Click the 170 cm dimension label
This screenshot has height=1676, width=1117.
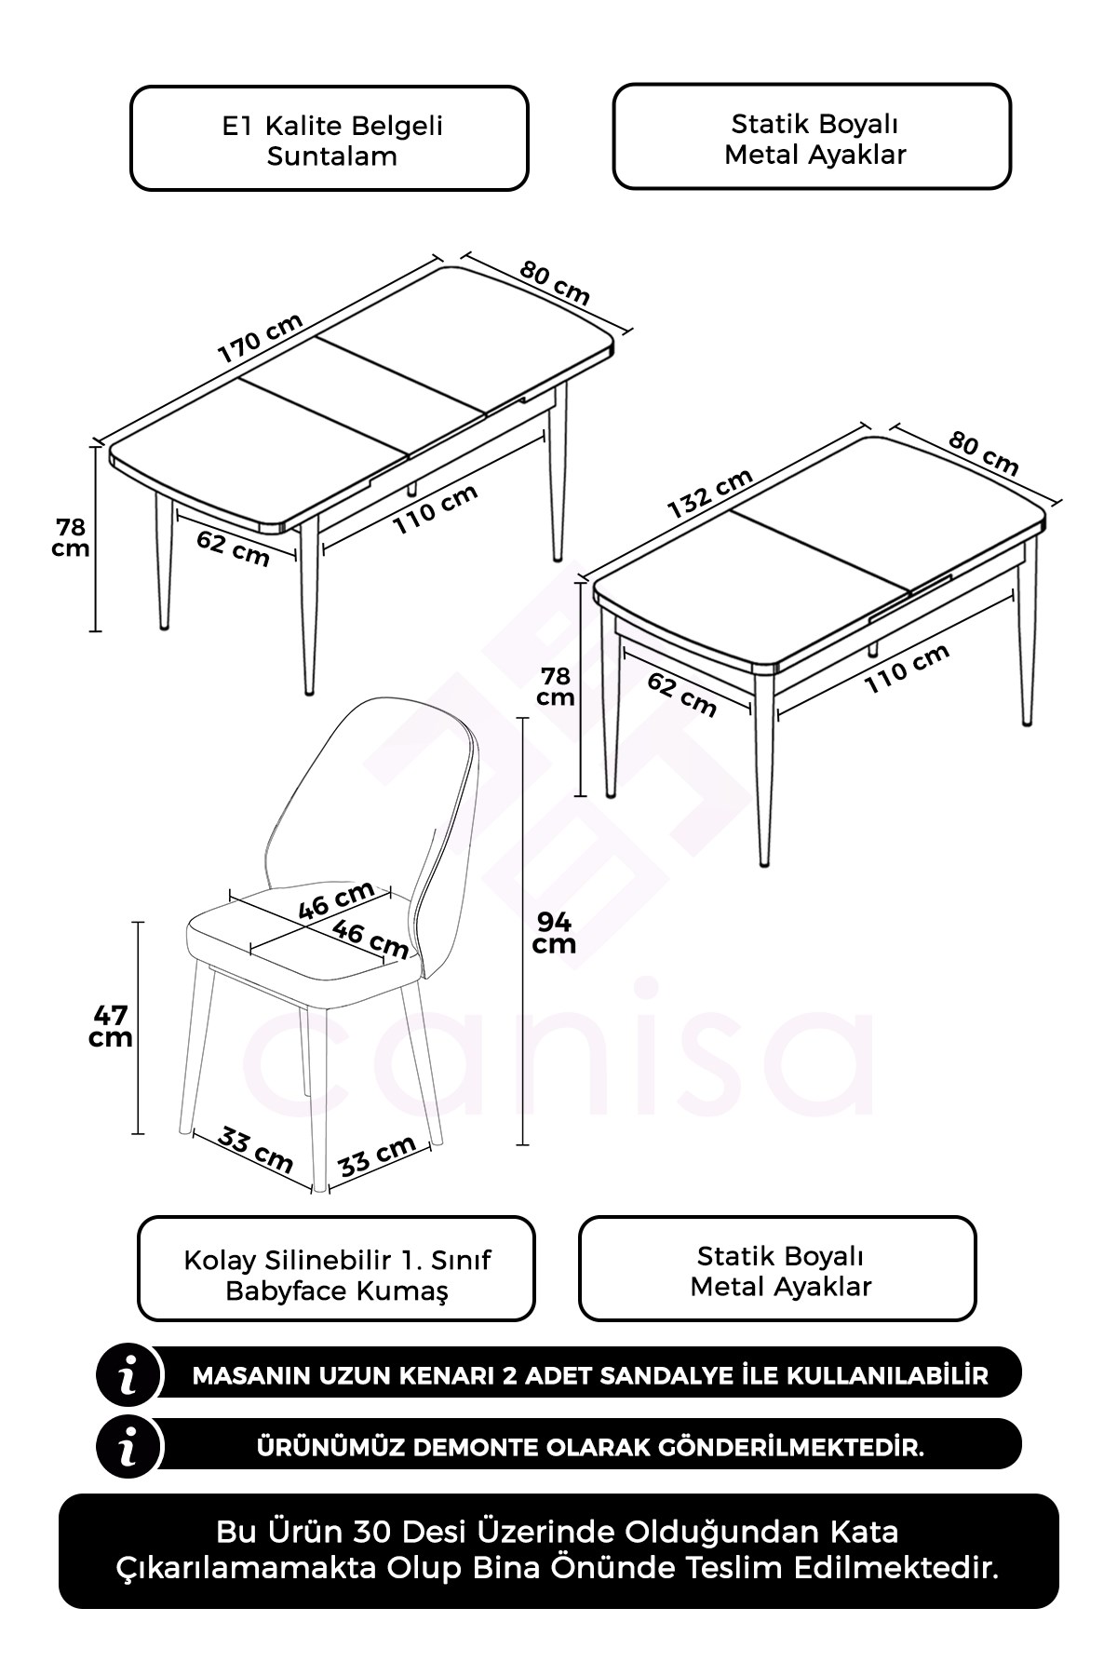click(x=261, y=338)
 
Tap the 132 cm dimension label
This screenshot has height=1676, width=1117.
click(x=710, y=493)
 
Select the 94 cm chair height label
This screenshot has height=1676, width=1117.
click(x=554, y=932)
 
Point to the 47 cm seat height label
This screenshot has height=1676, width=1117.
click(x=111, y=1026)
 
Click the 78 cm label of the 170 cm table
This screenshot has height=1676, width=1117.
click(x=71, y=537)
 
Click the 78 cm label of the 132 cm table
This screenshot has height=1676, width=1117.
click(x=556, y=685)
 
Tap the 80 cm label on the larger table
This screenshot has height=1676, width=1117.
click(x=556, y=282)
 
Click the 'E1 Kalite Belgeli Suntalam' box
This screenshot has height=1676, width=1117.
click(x=330, y=139)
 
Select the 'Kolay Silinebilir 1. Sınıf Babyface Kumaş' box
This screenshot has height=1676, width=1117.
click(x=337, y=1268)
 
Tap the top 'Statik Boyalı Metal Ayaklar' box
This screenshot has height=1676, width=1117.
click(x=812, y=137)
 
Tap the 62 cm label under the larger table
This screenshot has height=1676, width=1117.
click(x=233, y=547)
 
